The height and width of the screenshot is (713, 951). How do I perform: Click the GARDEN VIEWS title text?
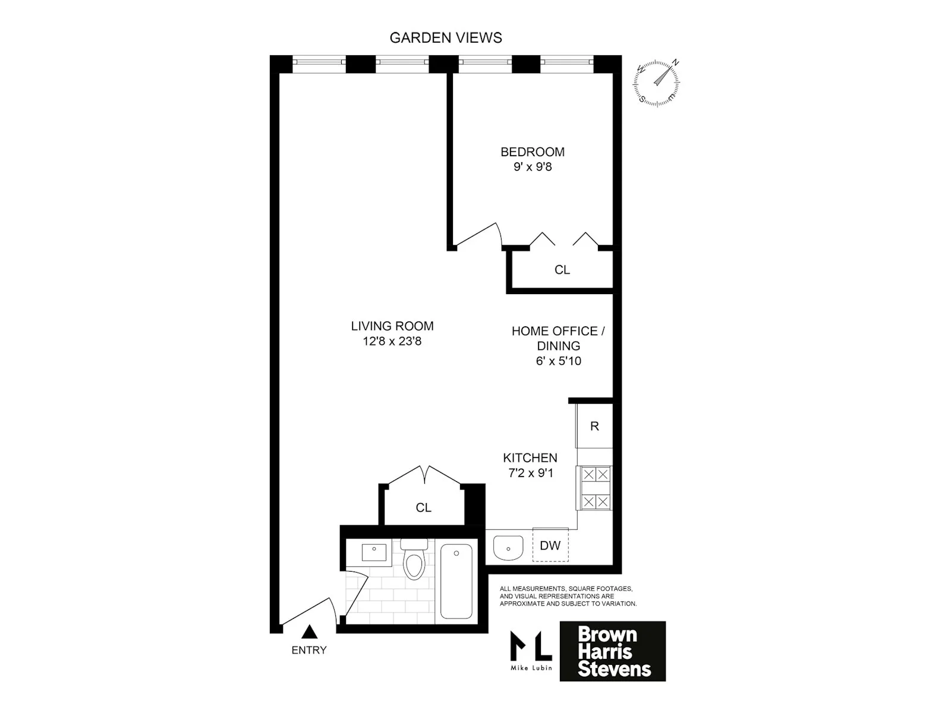click(446, 38)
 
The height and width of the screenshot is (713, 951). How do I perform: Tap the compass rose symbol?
click(657, 83)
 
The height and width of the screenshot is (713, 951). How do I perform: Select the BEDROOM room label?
click(532, 152)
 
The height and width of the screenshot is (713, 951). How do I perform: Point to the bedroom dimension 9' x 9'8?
click(533, 167)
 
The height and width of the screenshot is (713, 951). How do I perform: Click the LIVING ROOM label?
click(392, 326)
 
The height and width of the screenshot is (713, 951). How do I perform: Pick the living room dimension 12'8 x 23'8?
click(392, 342)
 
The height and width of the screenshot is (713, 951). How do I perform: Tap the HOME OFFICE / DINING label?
click(558, 338)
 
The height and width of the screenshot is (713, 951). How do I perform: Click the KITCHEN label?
click(530, 458)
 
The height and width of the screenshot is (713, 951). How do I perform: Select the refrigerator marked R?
click(594, 426)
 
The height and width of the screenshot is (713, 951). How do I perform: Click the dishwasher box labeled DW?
click(550, 545)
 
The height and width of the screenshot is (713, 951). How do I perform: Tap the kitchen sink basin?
click(508, 547)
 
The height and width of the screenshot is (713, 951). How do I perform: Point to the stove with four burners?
click(595, 488)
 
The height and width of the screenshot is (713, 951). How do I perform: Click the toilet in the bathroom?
click(414, 560)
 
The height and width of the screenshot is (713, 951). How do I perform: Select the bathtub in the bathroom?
click(456, 581)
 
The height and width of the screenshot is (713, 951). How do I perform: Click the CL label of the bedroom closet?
click(562, 270)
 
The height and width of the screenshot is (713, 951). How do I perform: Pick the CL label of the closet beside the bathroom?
click(423, 508)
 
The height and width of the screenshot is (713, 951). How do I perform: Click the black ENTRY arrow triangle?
click(309, 632)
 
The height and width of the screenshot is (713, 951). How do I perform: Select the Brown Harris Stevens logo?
click(613, 651)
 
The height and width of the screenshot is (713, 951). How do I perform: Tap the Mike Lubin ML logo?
click(531, 649)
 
